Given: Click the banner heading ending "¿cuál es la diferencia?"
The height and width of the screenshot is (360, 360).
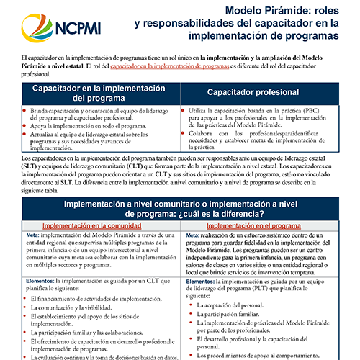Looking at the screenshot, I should (x=180, y=210).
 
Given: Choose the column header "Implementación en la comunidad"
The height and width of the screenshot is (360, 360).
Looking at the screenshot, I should (x=94, y=225).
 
